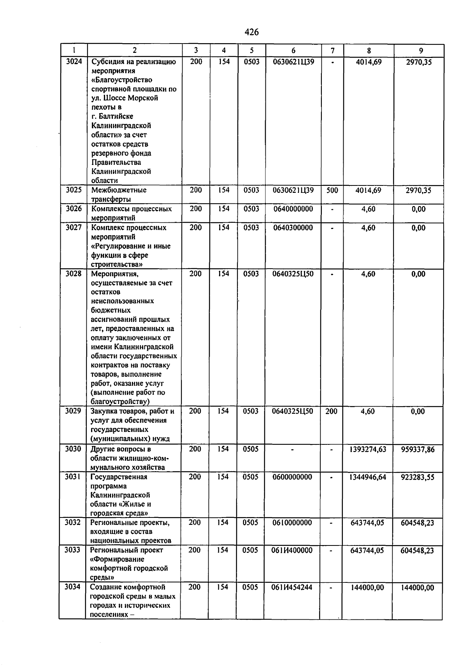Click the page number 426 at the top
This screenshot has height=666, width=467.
coord(252,32)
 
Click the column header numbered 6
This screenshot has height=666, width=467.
coord(293,51)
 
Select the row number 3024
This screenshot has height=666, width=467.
coord(74,61)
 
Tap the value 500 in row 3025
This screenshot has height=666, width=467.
coord(332,190)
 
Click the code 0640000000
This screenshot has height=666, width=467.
coord(293,209)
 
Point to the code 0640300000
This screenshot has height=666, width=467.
coord(293,227)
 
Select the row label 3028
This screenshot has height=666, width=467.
coord(73,274)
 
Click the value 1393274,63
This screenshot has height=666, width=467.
coord(368,449)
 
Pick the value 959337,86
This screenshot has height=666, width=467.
coord(418,449)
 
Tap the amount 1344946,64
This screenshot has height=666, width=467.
coord(368,477)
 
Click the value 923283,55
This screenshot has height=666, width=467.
coord(418,477)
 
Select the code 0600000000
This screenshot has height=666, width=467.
coord(292,477)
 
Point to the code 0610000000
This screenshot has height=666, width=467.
coord(292,523)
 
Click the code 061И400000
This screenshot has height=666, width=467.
coord(292,550)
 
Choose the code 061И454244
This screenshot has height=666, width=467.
coord(291,587)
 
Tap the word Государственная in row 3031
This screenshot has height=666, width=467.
coord(119,477)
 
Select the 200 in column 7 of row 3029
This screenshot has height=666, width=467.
coord(331,411)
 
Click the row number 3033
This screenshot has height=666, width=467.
coord(72,550)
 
